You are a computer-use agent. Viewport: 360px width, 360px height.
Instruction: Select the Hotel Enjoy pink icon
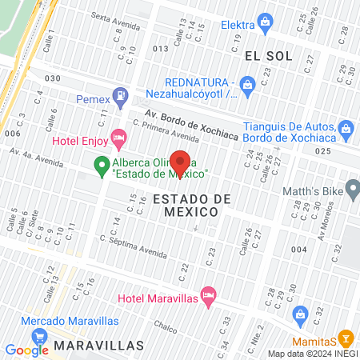click(x=119, y=140)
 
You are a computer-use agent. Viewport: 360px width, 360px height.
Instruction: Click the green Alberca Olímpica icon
click(x=102, y=166)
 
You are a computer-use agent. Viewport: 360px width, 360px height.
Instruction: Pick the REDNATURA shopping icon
click(x=247, y=83)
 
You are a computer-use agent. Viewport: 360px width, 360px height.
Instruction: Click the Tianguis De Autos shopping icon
click(x=346, y=127)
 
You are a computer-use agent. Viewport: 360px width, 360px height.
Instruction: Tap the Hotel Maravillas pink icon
click(x=208, y=297)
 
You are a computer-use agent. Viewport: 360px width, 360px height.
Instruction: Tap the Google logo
click(x=26, y=349)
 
